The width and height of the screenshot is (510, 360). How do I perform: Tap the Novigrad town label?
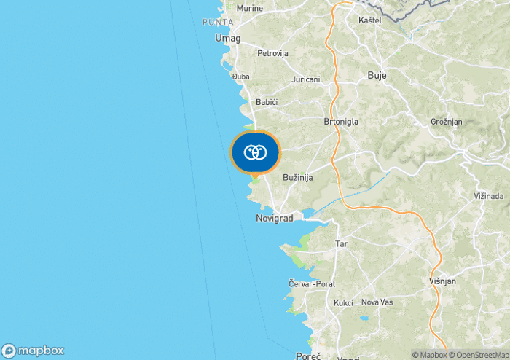[274, 219]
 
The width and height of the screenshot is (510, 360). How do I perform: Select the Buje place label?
[377, 75]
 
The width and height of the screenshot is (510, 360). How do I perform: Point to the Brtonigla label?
[341, 122]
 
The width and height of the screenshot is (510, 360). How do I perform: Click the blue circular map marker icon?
[255, 153]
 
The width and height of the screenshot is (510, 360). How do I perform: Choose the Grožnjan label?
[447, 122]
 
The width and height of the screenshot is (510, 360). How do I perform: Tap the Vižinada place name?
[489, 197]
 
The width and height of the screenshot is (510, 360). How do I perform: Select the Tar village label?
[341, 243]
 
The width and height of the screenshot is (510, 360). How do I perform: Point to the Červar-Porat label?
[311, 283]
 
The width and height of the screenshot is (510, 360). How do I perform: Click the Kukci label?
[343, 302]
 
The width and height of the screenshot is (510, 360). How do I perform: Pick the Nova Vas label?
[377, 302]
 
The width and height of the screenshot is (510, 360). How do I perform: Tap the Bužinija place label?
[297, 178]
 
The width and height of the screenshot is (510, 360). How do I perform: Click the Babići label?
[267, 102]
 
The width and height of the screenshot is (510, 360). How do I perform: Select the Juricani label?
[305, 79]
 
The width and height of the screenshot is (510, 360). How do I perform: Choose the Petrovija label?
[273, 53]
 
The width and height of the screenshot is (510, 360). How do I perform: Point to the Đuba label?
[240, 76]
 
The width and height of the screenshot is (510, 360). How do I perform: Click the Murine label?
[250, 8]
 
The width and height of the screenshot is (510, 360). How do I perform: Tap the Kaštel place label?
[370, 20]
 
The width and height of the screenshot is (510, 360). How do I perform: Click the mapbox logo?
[33, 350]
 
